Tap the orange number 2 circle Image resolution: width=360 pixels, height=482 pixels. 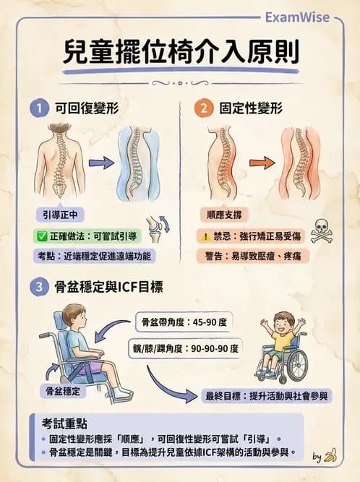(204, 109)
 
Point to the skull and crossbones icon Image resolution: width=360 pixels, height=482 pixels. (320, 231)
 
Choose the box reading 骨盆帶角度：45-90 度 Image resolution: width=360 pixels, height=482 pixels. (184, 320)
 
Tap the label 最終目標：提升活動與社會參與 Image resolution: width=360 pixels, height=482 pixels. (267, 395)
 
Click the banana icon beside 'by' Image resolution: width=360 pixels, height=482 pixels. (330, 455)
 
